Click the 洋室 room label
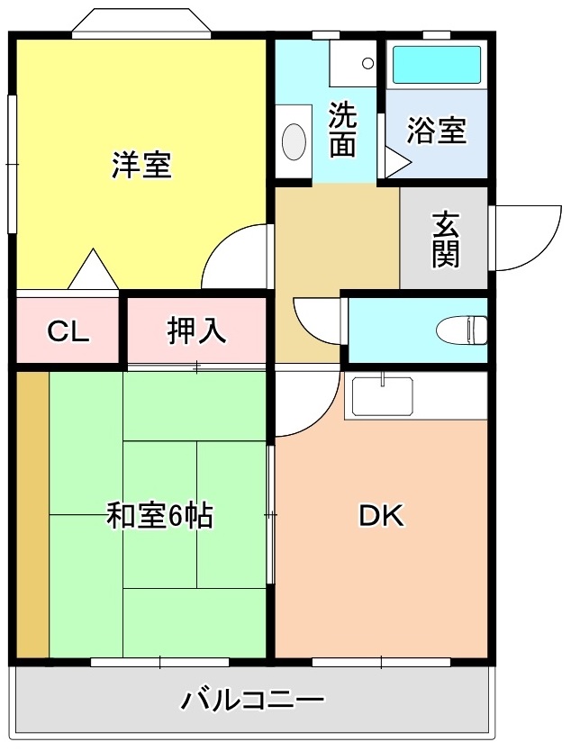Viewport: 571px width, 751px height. [141, 165]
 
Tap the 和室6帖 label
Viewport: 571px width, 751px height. [159, 515]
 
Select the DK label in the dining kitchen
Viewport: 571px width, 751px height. [382, 516]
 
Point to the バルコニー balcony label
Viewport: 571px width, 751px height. [252, 701]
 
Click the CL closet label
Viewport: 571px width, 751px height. [68, 331]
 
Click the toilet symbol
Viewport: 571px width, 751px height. [461, 330]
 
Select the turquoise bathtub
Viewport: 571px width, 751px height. [437, 65]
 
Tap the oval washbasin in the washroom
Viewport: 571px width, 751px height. [294, 141]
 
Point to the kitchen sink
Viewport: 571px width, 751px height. [382, 396]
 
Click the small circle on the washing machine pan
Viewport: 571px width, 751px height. [367, 63]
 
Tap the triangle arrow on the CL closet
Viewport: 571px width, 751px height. [93, 269]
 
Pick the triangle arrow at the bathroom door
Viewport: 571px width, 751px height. [397, 162]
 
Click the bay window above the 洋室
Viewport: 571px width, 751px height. [141, 22]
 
